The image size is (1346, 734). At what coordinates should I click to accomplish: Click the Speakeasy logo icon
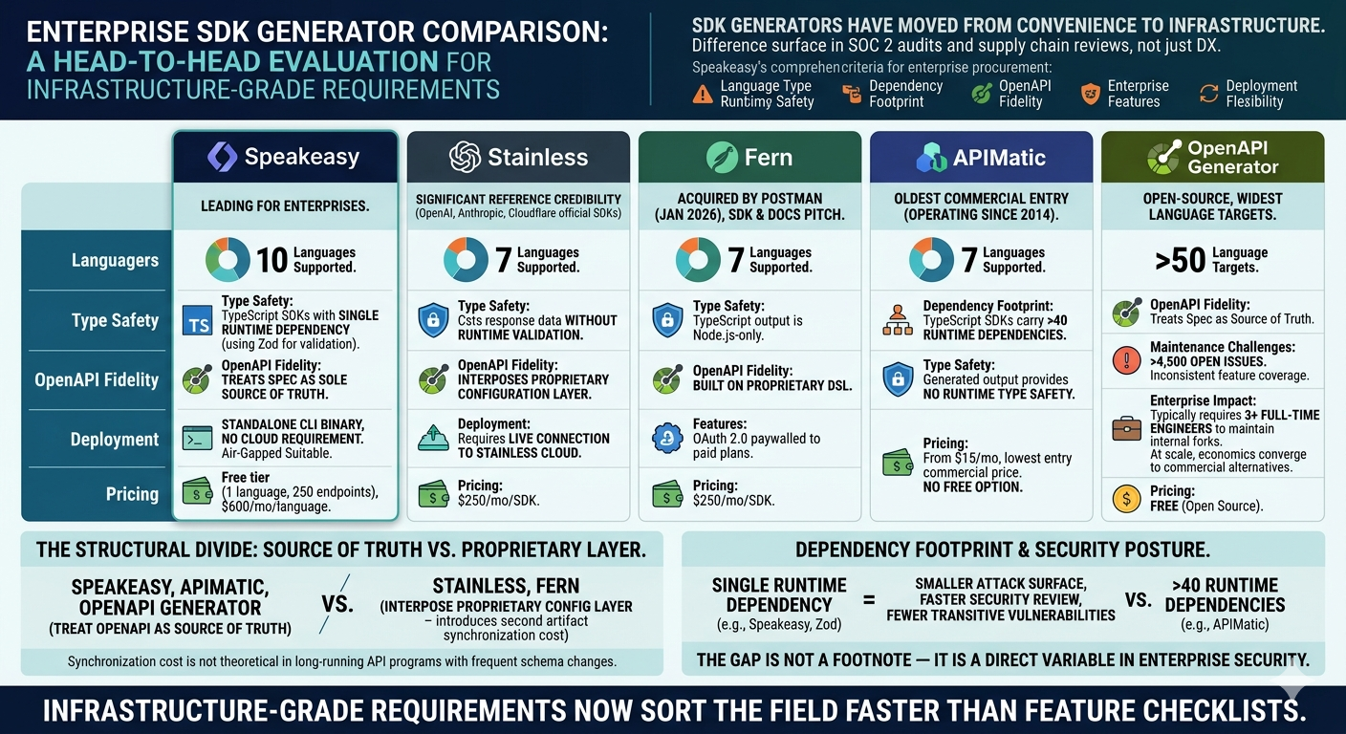[x=222, y=157]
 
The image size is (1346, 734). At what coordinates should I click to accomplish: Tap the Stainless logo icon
[x=465, y=157]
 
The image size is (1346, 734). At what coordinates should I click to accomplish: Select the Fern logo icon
[x=722, y=157]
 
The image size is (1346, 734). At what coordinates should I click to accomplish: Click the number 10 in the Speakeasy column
[x=271, y=260]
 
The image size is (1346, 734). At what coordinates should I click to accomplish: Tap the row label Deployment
[x=115, y=440]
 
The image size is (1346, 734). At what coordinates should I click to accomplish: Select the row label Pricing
[x=132, y=494]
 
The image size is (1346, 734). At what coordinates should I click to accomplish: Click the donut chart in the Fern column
[x=698, y=260]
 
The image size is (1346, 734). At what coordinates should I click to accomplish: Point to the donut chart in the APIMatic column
[x=931, y=260]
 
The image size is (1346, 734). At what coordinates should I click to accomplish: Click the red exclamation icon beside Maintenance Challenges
[x=1127, y=361]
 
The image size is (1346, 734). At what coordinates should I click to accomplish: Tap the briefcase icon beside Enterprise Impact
[x=1127, y=428]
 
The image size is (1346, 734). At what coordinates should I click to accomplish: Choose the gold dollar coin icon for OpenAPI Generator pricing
[x=1127, y=498]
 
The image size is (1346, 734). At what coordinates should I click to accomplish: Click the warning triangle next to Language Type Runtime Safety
[x=703, y=94]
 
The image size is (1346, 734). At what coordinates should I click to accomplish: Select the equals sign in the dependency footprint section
[x=869, y=600]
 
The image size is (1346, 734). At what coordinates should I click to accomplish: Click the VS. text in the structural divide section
[x=337, y=604]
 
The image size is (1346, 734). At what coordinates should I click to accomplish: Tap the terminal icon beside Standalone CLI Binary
[x=197, y=439]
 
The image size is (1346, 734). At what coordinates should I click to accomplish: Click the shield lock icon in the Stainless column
[x=433, y=321]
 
